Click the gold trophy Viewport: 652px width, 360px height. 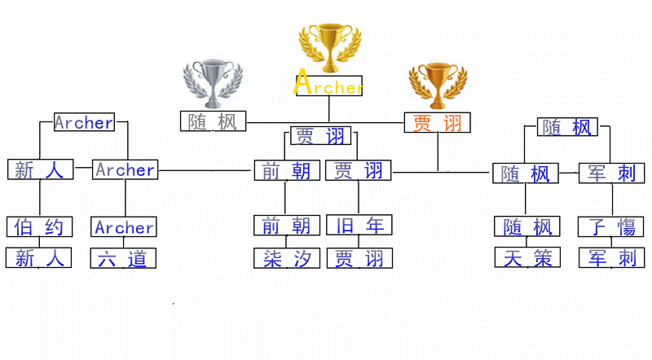coord(329,47)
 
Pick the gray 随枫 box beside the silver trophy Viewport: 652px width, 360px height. coord(213,121)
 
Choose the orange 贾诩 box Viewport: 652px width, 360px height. coord(438,123)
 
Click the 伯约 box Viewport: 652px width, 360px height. coord(39,226)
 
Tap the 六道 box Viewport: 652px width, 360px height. coord(123,259)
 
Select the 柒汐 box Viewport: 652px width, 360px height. coord(287,259)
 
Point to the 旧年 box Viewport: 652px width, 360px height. coord(359,225)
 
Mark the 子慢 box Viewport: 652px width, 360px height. coord(611,226)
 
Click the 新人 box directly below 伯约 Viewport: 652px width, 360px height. coord(39,259)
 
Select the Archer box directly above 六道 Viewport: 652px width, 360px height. coord(124,227)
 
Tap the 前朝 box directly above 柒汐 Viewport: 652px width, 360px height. coord(286,225)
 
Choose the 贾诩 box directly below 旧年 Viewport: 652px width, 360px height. coord(359,259)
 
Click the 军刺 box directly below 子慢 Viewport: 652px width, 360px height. coord(611,258)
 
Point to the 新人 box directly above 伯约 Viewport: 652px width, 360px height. coord(39,170)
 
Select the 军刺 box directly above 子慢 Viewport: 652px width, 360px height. coord(611,173)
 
